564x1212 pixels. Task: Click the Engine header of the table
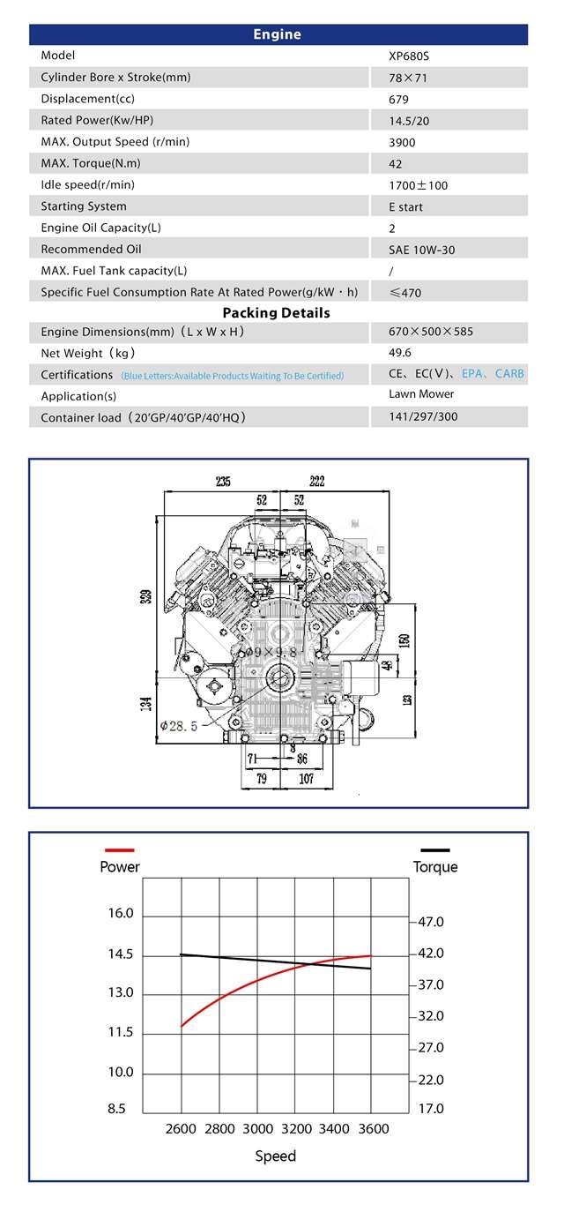click(277, 34)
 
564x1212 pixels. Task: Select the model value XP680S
click(409, 56)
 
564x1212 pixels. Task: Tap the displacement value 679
click(398, 100)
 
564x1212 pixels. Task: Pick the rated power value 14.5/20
click(408, 121)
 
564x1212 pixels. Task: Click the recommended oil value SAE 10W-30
click(421, 250)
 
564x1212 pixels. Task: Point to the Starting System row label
click(84, 206)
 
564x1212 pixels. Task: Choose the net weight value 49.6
click(400, 353)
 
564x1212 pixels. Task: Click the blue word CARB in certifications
click(509, 374)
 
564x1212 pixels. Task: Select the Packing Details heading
click(276, 313)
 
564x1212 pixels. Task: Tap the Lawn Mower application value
click(421, 394)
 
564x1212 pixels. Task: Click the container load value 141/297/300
click(423, 417)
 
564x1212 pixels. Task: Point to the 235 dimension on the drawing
click(223, 482)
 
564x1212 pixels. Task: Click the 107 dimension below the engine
click(306, 780)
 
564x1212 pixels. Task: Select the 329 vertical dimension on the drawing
click(145, 597)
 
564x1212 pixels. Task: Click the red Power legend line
click(119, 850)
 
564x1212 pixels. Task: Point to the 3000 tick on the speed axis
click(257, 1129)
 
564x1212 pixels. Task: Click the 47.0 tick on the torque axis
click(431, 922)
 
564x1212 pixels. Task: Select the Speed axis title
click(276, 1156)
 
